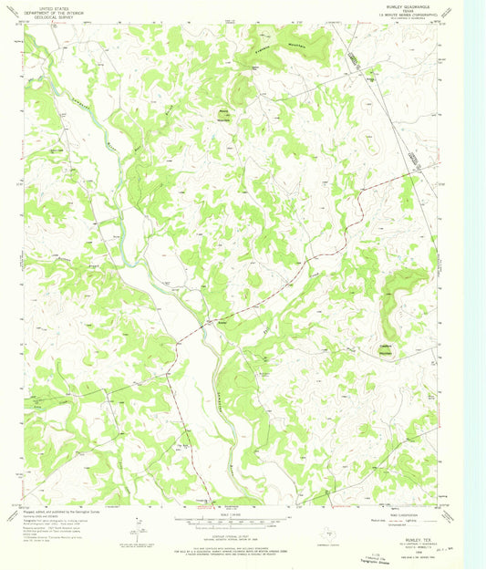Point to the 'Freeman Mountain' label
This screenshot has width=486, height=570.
pos(301,47)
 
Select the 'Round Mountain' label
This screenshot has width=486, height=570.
pos(223,114)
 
